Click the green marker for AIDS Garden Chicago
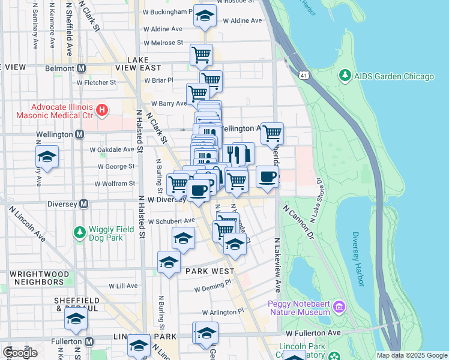coord(345,76)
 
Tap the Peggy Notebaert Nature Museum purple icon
coord(340,307)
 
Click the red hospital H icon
coord(103,110)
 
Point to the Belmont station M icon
coord(81,68)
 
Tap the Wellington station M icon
coord(79,134)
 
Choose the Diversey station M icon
coord(84,203)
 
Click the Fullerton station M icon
coord(89,341)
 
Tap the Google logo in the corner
coord(20,352)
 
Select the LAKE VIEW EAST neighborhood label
coord(144,64)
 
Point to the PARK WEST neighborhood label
coord(209,271)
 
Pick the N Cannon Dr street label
coord(298,221)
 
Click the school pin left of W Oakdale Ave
coord(47,157)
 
